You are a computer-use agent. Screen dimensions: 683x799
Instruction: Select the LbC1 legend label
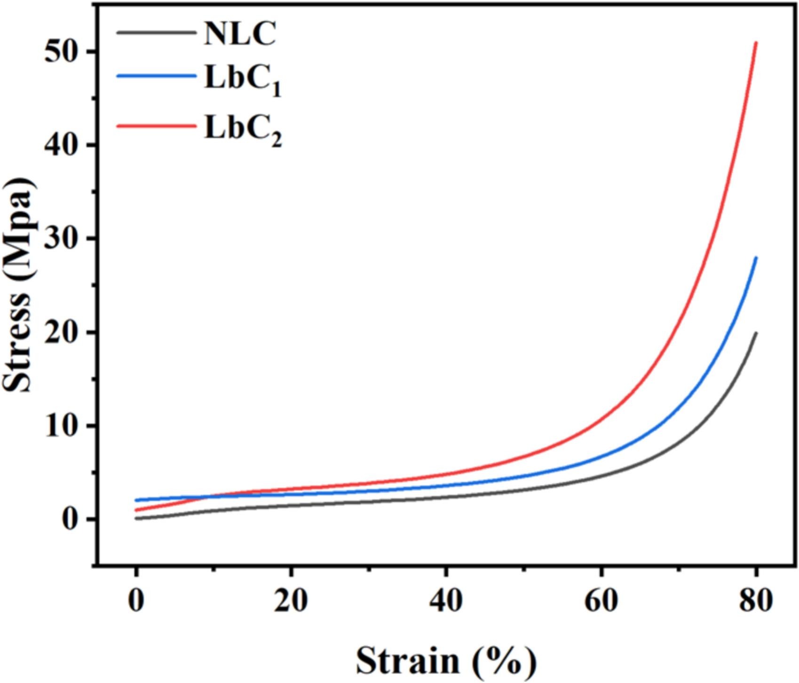pyautogui.click(x=242, y=81)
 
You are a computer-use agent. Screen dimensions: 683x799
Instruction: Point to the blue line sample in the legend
pyautogui.click(x=156, y=76)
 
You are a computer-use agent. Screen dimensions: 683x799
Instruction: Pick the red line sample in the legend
pyautogui.click(x=156, y=126)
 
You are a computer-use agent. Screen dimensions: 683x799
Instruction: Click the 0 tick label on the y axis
pyautogui.click(x=70, y=519)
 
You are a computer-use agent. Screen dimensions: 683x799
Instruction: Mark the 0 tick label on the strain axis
pyautogui.click(x=136, y=601)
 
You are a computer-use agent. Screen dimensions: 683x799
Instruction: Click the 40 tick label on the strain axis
pyautogui.click(x=446, y=601)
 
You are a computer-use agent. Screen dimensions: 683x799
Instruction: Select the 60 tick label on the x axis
pyautogui.click(x=601, y=601)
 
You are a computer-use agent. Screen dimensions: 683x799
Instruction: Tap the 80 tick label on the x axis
pyautogui.click(x=755, y=601)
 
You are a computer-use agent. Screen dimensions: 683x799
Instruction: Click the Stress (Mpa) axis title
pyautogui.click(x=19, y=285)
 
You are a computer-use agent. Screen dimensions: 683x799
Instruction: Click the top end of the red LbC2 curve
pyautogui.click(x=756, y=43)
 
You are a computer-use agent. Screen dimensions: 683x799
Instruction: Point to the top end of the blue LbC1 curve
pyautogui.click(x=756, y=258)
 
